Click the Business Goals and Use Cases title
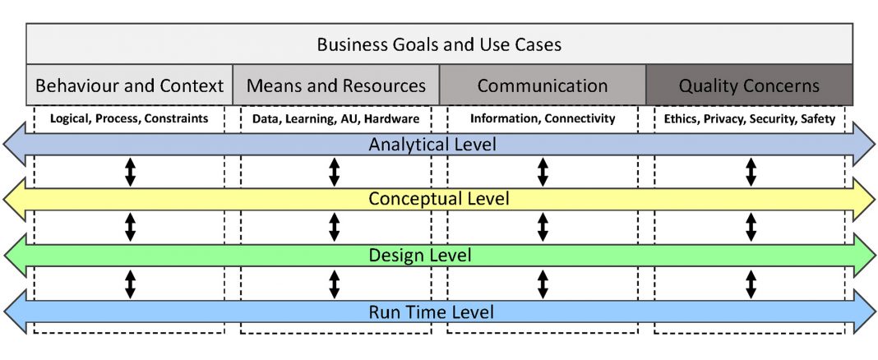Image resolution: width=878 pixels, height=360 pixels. (439, 44)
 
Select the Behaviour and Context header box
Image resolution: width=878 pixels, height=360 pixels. (129, 85)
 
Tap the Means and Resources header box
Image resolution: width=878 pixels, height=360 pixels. (336, 85)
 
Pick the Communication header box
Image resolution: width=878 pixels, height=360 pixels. (543, 85)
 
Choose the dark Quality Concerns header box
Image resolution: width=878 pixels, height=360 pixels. (749, 85)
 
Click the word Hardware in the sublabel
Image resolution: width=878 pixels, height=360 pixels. (395, 118)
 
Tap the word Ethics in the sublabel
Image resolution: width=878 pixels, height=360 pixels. (677, 118)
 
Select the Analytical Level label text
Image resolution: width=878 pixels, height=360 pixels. (432, 145)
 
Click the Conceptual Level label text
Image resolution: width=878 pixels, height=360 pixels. (439, 199)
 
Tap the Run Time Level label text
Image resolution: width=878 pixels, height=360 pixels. (431, 312)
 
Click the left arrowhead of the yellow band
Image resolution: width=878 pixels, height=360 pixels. (16, 200)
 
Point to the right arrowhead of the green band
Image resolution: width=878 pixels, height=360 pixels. (863, 256)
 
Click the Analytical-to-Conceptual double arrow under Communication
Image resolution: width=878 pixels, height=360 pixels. (542, 172)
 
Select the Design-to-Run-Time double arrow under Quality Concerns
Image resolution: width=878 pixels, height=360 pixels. (751, 284)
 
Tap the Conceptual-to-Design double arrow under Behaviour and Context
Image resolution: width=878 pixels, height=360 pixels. (130, 228)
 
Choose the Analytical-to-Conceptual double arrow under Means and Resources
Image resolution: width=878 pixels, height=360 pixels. (335, 172)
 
